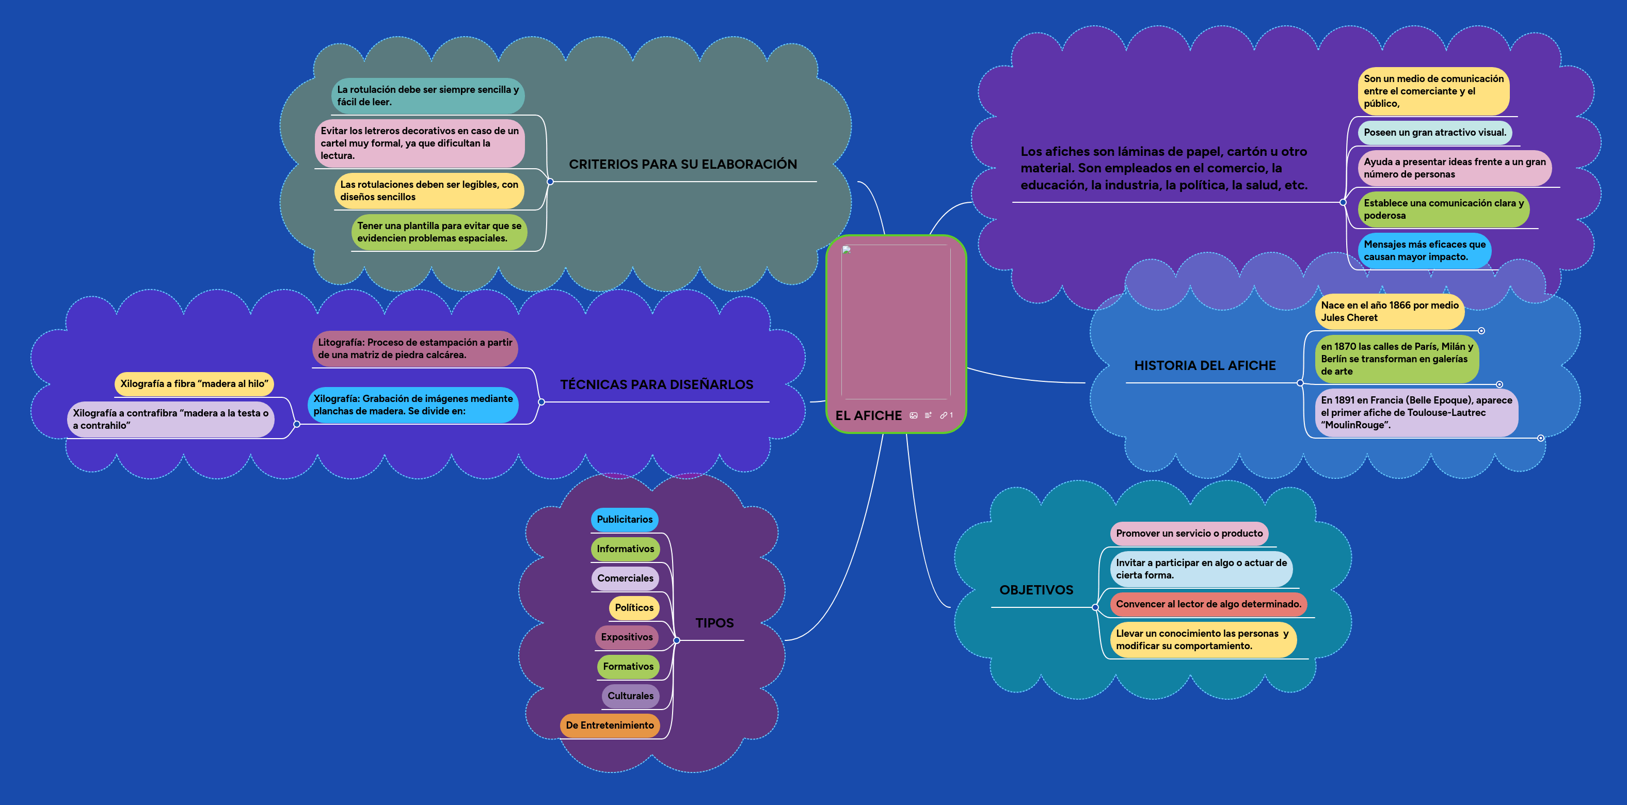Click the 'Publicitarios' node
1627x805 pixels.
tap(624, 520)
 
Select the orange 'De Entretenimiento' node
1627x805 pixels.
tap(610, 726)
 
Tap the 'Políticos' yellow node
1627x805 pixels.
tap(634, 607)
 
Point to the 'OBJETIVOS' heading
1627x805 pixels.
tap(1036, 590)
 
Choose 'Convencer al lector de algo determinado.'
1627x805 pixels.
tap(1208, 604)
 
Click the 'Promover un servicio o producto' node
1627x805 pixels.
tap(1189, 534)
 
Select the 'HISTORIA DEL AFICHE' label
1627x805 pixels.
tap(1204, 365)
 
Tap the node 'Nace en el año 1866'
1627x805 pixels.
tap(1389, 311)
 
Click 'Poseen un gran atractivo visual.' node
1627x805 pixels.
tap(1434, 133)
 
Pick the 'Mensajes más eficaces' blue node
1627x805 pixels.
tap(1424, 251)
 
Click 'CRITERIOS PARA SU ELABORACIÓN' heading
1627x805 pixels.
tap(683, 164)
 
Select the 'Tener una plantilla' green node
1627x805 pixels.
tap(439, 232)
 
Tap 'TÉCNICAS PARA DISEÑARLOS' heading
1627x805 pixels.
tap(656, 384)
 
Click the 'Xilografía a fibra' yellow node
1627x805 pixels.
tap(194, 384)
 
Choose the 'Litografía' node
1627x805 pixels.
tap(414, 348)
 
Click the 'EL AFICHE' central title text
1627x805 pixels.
tap(868, 415)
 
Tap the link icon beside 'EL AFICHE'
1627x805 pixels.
tap(944, 415)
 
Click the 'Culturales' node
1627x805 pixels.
tap(630, 696)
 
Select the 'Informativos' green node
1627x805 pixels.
tap(625, 549)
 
